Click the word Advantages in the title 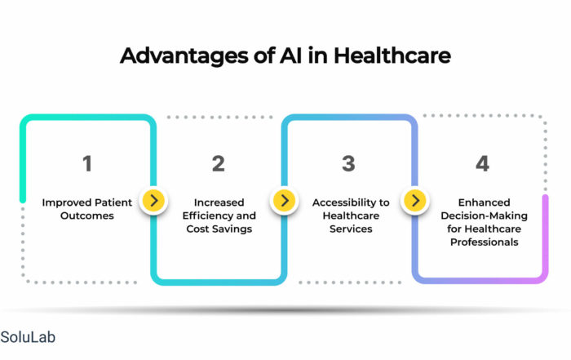[x=184, y=56]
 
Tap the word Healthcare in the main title [x=392, y=56]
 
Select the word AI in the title [x=291, y=56]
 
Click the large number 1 [x=87, y=163]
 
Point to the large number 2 [x=219, y=163]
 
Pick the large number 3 [x=348, y=163]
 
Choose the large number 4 [x=483, y=163]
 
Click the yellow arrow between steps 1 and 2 [x=153, y=200]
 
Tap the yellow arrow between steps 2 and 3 [x=285, y=200]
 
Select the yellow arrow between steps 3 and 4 [x=415, y=200]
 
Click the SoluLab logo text [x=28, y=337]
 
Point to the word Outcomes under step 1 [x=87, y=216]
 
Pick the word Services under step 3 [x=351, y=229]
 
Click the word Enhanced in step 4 [x=484, y=202]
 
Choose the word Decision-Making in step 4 [x=484, y=216]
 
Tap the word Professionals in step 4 [x=484, y=242]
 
